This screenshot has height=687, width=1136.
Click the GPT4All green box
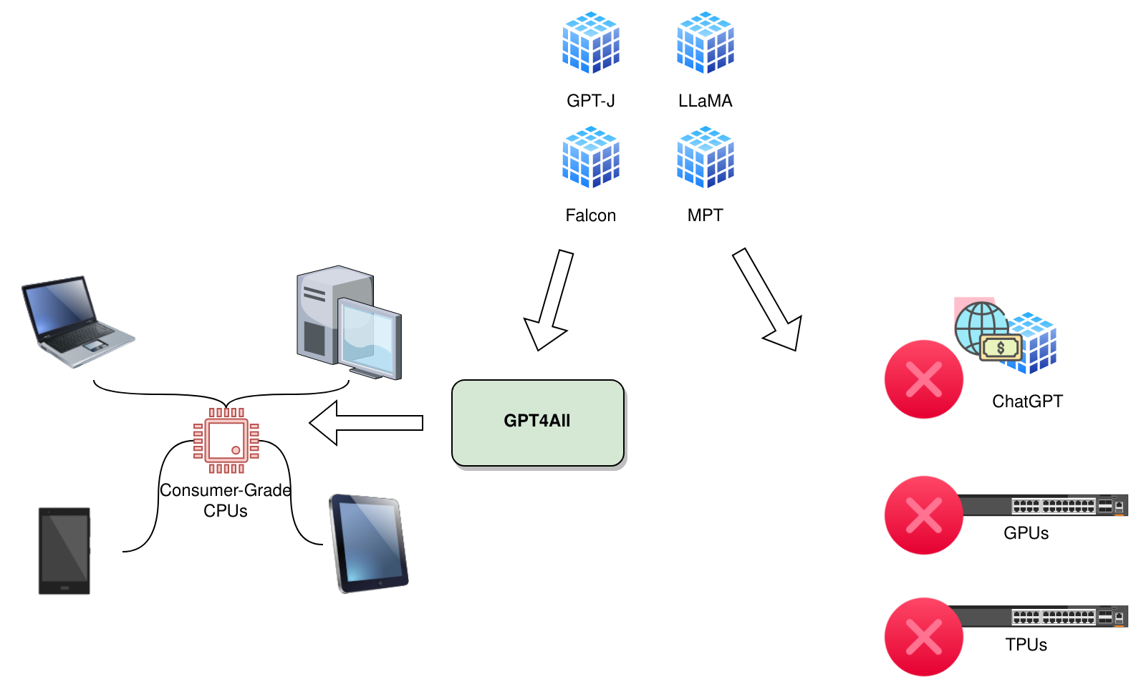click(537, 422)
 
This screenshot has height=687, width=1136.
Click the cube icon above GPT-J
click(590, 43)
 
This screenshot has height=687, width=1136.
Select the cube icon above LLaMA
click(705, 43)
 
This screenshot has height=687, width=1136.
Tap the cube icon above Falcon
click(590, 157)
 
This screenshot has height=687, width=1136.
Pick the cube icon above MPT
click(705, 157)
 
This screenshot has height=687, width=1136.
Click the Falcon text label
click(590, 215)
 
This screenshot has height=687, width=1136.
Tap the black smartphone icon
click(64, 550)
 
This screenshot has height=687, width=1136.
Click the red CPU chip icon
click(226, 440)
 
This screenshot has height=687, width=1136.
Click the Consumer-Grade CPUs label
click(226, 500)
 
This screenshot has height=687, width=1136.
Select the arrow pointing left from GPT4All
click(365, 423)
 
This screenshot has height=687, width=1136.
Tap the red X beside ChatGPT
click(923, 379)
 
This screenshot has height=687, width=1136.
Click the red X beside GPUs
click(923, 515)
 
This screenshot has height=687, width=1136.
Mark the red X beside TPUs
click(923, 637)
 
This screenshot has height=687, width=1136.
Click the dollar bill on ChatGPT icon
click(1000, 349)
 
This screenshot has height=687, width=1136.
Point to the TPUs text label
click(1026, 645)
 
